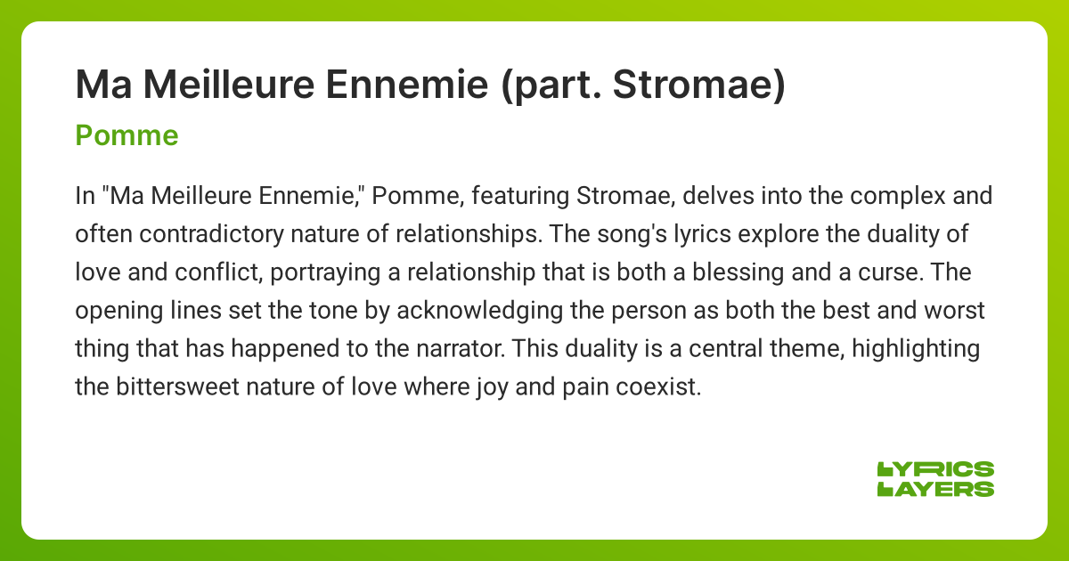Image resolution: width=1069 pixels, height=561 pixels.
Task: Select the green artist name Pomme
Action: coord(127,135)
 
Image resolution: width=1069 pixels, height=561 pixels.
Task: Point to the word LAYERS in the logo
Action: coord(935,488)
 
